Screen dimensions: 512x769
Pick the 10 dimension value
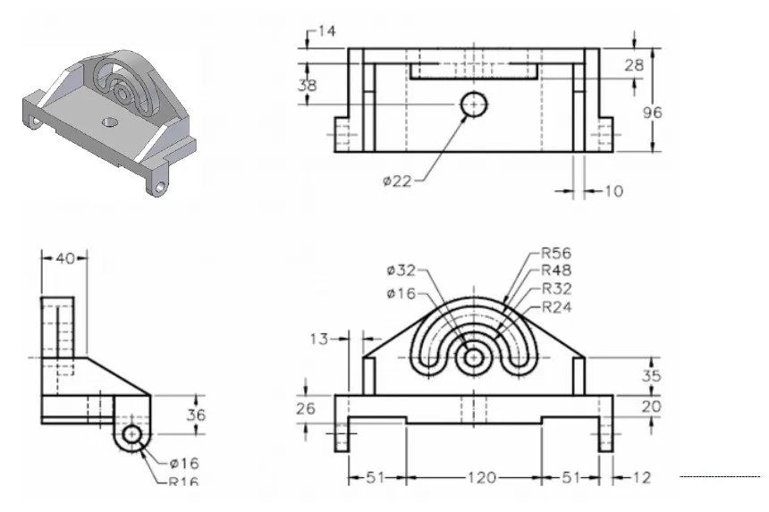click(x=613, y=190)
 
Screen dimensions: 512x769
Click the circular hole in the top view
click(x=474, y=105)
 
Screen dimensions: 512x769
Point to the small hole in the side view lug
click(x=132, y=434)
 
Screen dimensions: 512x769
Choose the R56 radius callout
click(x=556, y=253)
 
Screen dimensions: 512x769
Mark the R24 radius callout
click(x=556, y=307)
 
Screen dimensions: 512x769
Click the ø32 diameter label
click(x=401, y=271)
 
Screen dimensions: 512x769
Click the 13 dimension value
click(x=319, y=339)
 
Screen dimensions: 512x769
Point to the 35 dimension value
click(x=652, y=377)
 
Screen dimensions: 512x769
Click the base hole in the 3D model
click(x=109, y=121)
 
